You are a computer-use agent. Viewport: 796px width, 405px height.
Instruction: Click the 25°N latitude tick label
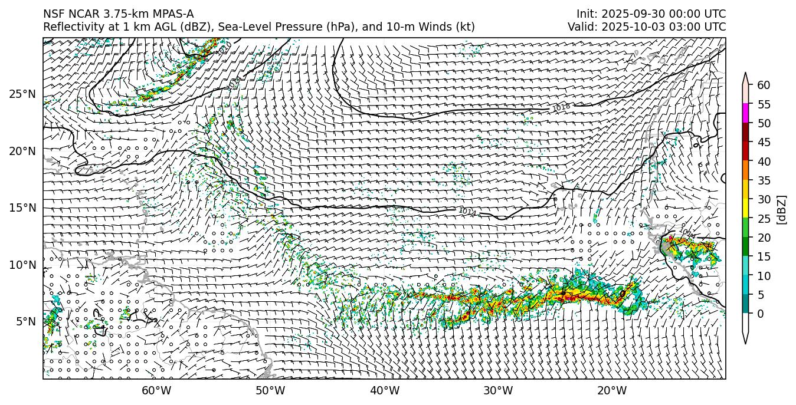click(x=22, y=94)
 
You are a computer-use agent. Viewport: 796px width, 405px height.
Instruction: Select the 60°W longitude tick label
click(x=156, y=390)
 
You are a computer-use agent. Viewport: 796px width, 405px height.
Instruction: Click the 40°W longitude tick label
click(x=385, y=390)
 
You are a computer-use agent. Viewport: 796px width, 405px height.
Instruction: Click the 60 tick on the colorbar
click(x=764, y=85)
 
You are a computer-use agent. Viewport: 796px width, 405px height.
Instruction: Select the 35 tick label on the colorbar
click(x=764, y=180)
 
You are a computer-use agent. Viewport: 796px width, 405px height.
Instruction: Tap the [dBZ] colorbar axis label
click(x=782, y=209)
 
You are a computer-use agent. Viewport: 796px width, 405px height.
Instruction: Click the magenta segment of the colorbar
click(x=745, y=113)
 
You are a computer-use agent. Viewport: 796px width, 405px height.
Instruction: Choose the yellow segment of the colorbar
click(x=745, y=209)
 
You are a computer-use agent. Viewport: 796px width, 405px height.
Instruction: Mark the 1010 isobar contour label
click(x=224, y=50)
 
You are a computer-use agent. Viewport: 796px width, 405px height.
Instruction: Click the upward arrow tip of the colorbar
click(x=745, y=74)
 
